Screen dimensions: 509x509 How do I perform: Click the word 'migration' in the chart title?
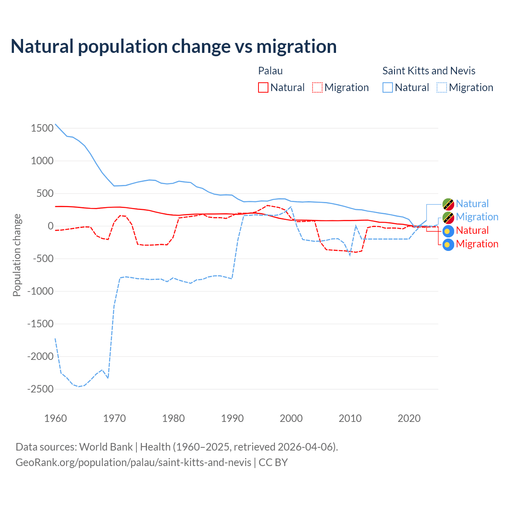tap(296, 47)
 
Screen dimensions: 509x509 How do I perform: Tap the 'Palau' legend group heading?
tap(270, 71)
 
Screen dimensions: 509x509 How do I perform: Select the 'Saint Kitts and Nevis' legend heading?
tap(429, 71)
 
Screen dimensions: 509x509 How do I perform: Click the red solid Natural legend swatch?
tap(263, 87)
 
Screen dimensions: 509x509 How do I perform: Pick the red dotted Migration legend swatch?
tap(317, 87)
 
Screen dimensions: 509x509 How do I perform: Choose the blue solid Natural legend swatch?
tap(388, 87)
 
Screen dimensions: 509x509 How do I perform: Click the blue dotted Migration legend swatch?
tap(442, 87)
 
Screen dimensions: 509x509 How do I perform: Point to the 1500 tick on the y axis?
tap(42, 128)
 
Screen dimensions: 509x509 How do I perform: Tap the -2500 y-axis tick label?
tap(40, 389)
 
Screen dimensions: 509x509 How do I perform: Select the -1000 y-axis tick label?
tap(40, 291)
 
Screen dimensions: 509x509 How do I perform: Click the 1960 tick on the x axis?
tap(56, 418)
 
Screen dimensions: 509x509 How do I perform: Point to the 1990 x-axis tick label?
tap(233, 418)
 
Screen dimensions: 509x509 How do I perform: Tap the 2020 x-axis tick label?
tap(409, 418)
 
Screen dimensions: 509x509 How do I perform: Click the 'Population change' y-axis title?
tap(17, 255)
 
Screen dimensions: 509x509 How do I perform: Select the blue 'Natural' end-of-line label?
tap(472, 204)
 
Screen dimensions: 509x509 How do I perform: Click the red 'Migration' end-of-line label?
tap(477, 244)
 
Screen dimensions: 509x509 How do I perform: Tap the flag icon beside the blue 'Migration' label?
tap(448, 217)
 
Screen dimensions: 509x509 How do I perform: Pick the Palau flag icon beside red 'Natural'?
tap(448, 231)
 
